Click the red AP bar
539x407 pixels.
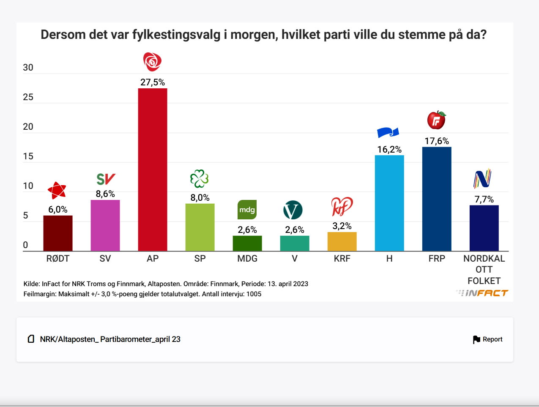pyautogui.click(x=153, y=169)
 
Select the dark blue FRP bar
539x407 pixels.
pyautogui.click(x=437, y=199)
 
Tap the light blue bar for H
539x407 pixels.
pyautogui.click(x=389, y=203)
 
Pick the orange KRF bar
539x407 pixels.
pyautogui.click(x=342, y=241)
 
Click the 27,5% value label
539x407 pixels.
pyautogui.click(x=153, y=82)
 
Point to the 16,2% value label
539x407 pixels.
pyautogui.click(x=389, y=149)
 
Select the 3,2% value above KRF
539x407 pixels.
pyautogui.click(x=342, y=226)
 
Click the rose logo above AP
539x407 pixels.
pyautogui.click(x=152, y=62)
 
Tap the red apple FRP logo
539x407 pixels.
pyautogui.click(x=437, y=120)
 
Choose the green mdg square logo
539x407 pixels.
pyautogui.click(x=247, y=210)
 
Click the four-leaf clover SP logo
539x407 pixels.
pyautogui.click(x=200, y=179)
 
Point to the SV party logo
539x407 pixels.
pyautogui.click(x=106, y=179)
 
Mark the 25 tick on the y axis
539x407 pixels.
pyautogui.click(x=28, y=97)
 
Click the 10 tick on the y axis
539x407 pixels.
pyautogui.click(x=28, y=186)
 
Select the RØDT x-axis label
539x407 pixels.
pyautogui.click(x=58, y=258)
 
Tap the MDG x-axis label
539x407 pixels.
pyautogui.click(x=247, y=258)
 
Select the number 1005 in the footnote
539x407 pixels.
pyautogui.click(x=254, y=294)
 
